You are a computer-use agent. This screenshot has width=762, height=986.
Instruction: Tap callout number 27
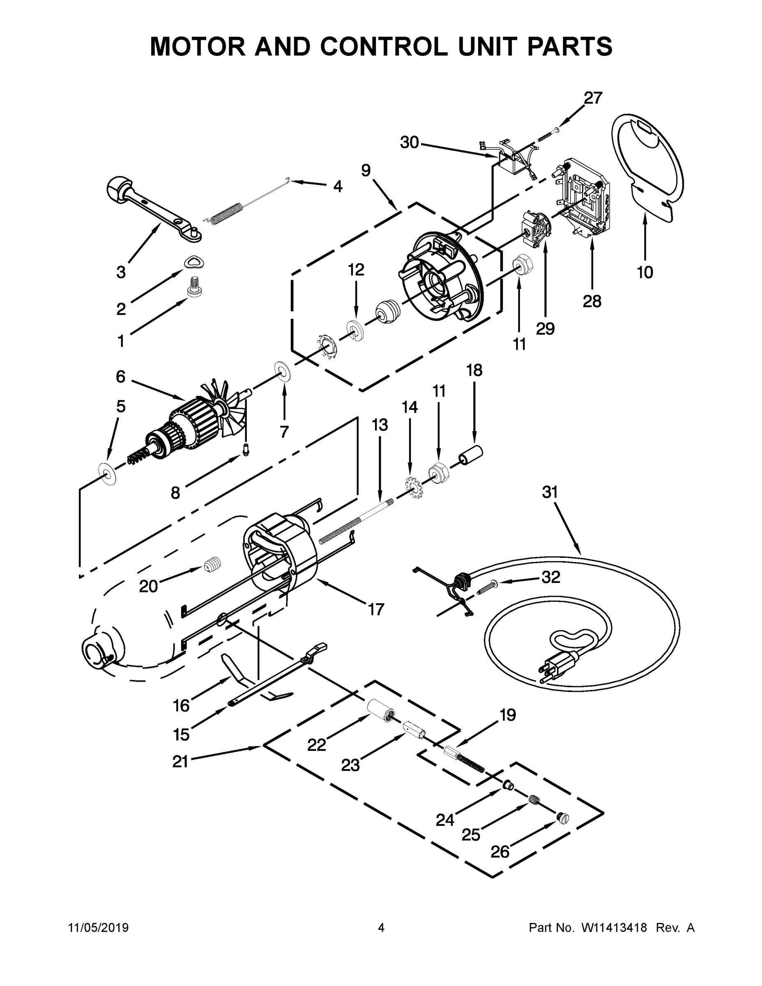593,98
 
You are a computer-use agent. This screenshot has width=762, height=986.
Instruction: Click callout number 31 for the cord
550,492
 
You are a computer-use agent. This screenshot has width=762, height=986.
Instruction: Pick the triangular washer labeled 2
193,262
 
